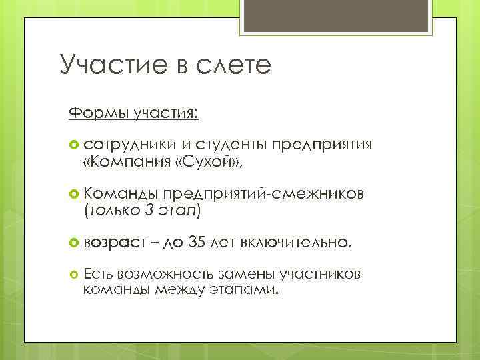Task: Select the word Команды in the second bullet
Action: (121, 193)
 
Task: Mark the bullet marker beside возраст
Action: (73, 242)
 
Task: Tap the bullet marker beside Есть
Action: (73, 274)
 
